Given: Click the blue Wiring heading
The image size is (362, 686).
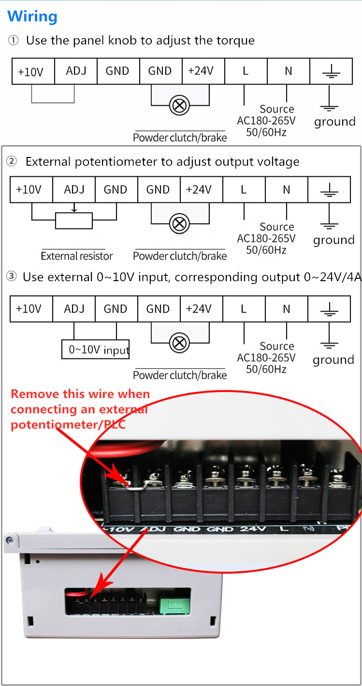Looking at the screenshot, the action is click(x=32, y=16).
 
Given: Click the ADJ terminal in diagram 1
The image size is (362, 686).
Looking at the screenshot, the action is click(x=76, y=71).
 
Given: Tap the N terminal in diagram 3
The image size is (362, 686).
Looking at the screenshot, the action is click(x=286, y=309).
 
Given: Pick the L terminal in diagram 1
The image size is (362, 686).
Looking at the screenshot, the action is click(x=246, y=71).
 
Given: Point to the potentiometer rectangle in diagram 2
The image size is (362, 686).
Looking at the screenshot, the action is click(x=74, y=220).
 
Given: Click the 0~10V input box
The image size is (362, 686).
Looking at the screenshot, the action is click(x=96, y=349).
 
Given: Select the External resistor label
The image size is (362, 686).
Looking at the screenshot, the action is click(x=77, y=256).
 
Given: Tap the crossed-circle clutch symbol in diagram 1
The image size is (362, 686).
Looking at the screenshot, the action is click(x=179, y=106).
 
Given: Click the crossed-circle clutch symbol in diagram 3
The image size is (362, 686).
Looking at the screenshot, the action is click(x=179, y=343).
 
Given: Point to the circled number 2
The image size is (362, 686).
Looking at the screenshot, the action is click(x=12, y=161).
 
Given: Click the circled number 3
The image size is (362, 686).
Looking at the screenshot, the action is click(x=11, y=276).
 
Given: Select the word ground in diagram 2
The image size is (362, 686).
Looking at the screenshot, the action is click(x=334, y=240).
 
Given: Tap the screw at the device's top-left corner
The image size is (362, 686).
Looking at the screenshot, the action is click(x=10, y=541).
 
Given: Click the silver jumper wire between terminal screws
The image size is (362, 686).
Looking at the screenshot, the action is click(x=137, y=486).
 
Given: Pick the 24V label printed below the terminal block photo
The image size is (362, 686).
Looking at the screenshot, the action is click(x=253, y=529).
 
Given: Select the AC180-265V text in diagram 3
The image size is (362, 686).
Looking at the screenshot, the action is click(x=266, y=357).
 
